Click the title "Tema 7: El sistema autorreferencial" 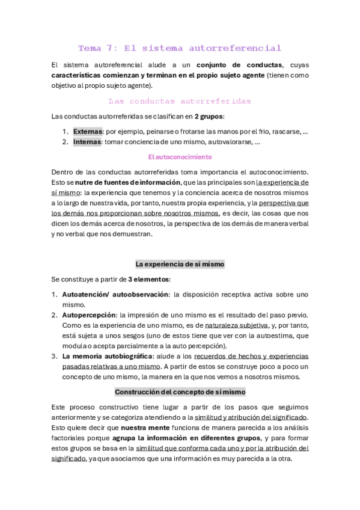[180, 48]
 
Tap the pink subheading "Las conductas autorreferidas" [180, 101]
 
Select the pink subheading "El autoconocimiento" [180, 157]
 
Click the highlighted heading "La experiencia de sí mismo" [180, 264]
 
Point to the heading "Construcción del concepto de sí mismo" [180, 392]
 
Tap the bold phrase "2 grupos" [209, 116]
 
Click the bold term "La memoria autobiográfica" [106, 356]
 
